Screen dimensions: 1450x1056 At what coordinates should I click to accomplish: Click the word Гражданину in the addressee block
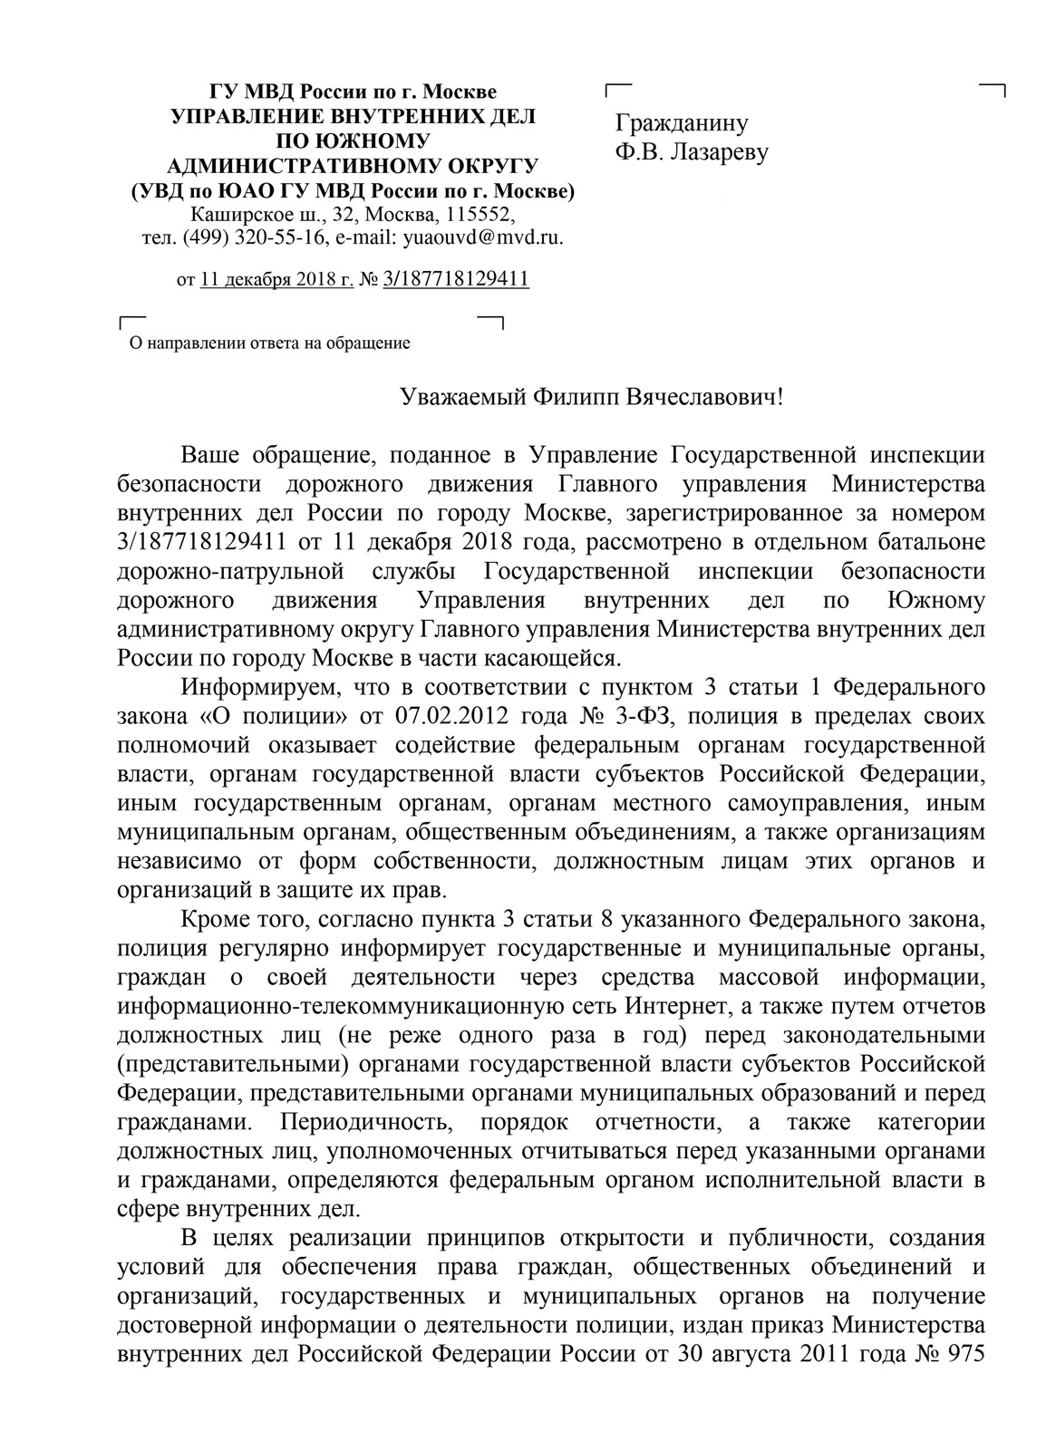click(682, 123)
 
